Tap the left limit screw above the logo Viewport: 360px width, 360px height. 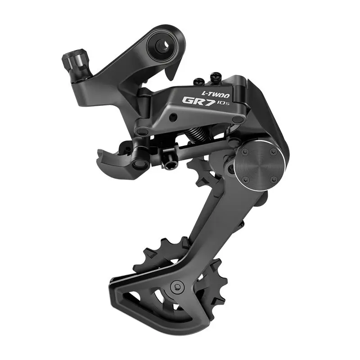(x=198, y=82)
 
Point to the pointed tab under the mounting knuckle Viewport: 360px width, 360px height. (x=170, y=72)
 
